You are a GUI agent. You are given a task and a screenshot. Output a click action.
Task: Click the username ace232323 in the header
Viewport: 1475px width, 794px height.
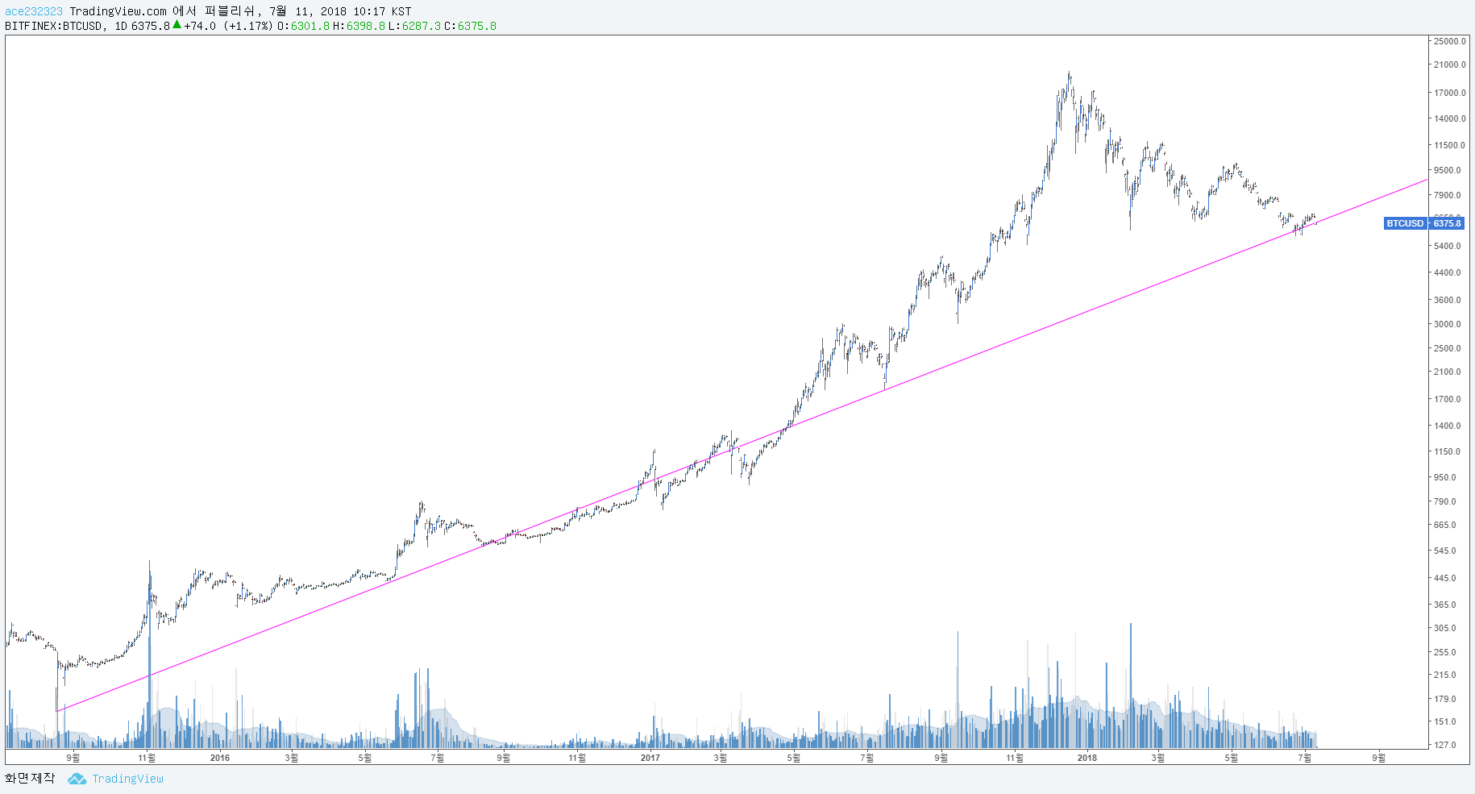point(34,11)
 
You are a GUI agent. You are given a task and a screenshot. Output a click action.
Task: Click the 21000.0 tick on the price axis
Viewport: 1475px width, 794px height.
point(1449,65)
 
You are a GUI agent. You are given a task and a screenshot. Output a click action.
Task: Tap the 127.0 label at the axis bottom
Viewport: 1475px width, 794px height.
point(1446,745)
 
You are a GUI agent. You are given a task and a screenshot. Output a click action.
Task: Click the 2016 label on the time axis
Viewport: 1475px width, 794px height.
point(219,758)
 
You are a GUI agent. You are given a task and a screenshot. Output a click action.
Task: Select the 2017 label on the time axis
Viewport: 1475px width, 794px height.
point(650,758)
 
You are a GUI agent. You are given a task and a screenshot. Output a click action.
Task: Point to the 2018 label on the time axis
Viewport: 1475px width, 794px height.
point(1087,758)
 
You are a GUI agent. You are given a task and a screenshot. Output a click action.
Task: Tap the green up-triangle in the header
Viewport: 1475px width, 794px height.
point(177,25)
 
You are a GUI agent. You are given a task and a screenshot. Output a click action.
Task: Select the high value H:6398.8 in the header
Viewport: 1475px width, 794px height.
point(359,26)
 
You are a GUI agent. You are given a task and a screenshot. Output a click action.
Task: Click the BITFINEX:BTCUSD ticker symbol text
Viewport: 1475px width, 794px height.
point(54,26)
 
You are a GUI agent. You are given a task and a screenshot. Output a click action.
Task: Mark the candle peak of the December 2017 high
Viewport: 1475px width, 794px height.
point(1069,73)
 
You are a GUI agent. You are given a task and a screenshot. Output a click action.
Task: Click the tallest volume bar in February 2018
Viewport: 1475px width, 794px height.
point(1130,625)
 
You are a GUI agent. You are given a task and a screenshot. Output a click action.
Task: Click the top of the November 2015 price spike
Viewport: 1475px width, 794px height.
point(149,562)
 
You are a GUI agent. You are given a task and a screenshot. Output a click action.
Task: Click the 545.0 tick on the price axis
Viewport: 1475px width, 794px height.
point(1446,551)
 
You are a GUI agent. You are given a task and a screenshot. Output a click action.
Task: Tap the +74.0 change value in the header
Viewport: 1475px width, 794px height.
point(200,26)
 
